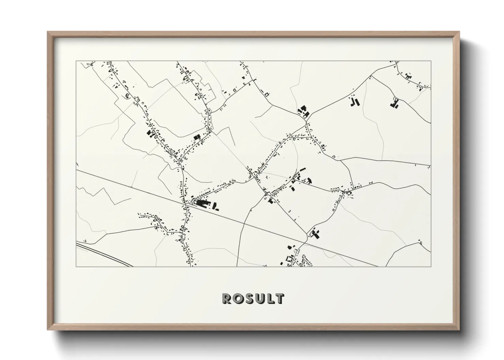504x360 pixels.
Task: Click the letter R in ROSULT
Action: coord(227,298)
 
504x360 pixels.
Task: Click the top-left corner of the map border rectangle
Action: coord(76,61)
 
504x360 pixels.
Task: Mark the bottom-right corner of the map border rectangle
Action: coord(431,266)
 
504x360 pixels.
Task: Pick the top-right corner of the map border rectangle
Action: coord(431,61)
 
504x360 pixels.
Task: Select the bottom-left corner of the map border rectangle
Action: coord(76,266)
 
